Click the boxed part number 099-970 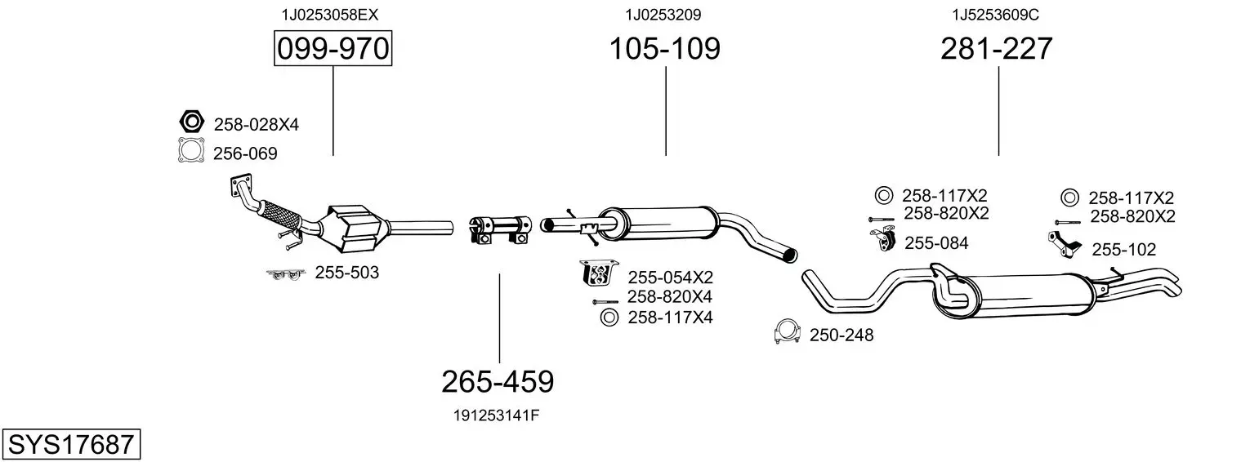[333, 48]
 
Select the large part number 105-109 [664, 48]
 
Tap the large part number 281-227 [996, 48]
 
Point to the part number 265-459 [498, 382]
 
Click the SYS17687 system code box [71, 444]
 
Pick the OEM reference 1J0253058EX [330, 15]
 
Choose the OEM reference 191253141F [496, 415]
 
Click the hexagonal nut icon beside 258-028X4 [192, 121]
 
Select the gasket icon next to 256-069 [191, 150]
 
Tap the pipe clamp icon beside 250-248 [788, 331]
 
